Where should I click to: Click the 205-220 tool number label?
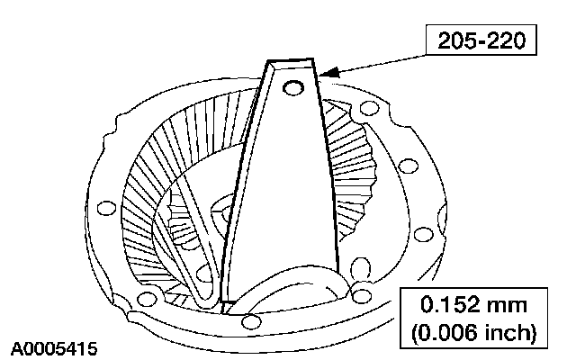[481, 40]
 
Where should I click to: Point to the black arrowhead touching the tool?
[329, 72]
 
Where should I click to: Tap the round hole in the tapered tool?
[293, 88]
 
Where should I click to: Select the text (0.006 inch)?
[474, 333]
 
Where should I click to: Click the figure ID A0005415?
[54, 348]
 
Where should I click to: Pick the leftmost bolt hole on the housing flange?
[106, 208]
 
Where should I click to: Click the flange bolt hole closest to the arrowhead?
[370, 108]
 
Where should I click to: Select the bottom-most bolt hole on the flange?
[252, 322]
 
